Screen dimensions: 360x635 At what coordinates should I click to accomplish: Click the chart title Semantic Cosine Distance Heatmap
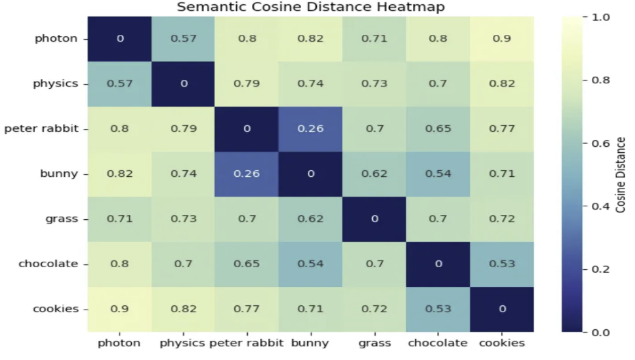click(311, 8)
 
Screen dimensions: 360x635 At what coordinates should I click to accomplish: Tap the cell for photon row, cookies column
click(502, 38)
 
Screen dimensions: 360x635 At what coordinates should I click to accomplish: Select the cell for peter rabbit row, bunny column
click(311, 128)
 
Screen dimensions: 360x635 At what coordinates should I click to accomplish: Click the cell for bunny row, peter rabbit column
click(247, 174)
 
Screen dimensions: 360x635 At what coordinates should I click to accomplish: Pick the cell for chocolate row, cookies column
click(502, 264)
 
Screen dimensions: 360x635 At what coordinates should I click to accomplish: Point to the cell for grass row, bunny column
click(311, 219)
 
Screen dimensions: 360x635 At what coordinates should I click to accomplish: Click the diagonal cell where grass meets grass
click(374, 219)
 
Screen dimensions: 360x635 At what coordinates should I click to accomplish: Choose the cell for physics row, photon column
click(120, 83)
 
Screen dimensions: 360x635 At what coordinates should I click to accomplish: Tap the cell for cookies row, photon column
click(120, 309)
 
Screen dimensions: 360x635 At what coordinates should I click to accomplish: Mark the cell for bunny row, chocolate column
click(438, 174)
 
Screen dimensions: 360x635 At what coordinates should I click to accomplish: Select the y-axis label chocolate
click(48, 264)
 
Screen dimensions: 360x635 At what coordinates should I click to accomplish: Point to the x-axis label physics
click(182, 343)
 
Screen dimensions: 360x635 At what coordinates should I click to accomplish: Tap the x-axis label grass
click(374, 343)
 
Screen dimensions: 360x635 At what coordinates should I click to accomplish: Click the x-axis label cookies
click(502, 343)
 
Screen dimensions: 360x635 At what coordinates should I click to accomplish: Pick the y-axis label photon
click(57, 38)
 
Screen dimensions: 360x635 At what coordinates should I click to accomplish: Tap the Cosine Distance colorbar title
click(621, 174)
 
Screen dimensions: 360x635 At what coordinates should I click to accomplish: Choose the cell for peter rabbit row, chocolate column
click(438, 128)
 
